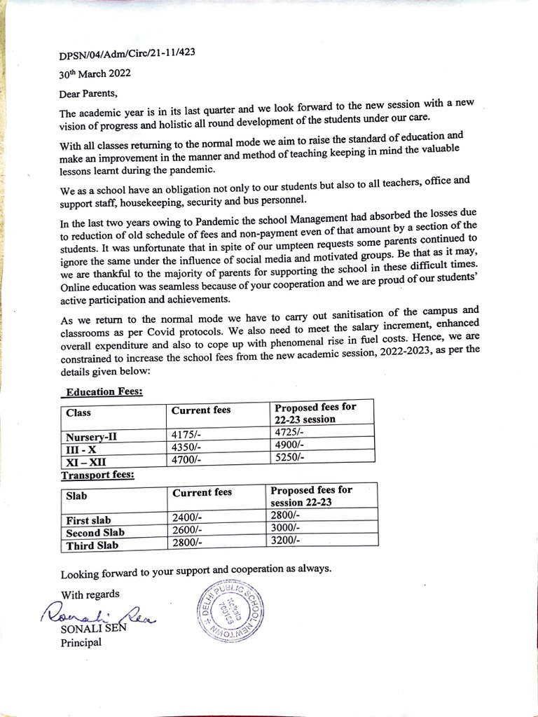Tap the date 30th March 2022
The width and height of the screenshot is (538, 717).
[x=94, y=73]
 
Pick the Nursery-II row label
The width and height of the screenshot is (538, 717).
[x=92, y=437]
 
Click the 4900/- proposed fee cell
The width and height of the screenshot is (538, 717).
[x=289, y=445]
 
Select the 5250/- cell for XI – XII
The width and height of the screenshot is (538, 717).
[x=289, y=458]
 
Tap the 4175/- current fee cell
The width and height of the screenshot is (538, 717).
[x=186, y=434]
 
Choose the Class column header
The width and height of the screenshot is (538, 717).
[x=78, y=412]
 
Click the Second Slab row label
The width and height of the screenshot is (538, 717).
[x=95, y=533]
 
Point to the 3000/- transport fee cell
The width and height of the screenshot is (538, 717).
[x=285, y=527]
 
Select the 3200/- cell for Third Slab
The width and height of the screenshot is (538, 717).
[x=285, y=541]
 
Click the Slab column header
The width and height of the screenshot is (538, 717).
[x=76, y=495]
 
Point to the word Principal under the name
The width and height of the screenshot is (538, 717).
[x=81, y=643]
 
